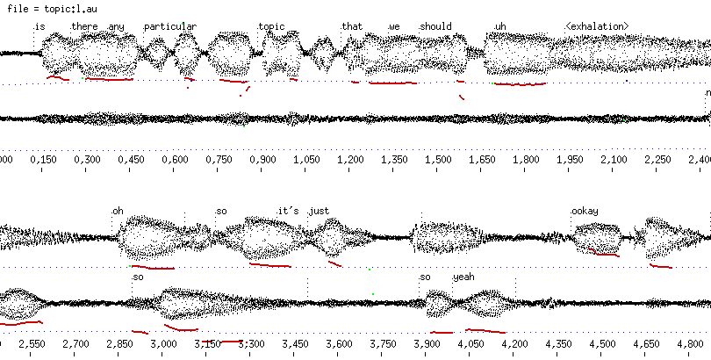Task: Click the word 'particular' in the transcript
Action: point(170,26)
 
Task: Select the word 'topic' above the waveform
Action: point(272,26)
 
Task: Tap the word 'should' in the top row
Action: point(435,26)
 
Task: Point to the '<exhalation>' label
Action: point(597,26)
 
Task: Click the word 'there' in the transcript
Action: point(85,26)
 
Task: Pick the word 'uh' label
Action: point(501,26)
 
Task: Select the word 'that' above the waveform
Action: point(352,26)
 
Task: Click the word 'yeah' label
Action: point(463,277)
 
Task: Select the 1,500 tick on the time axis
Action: point(439,160)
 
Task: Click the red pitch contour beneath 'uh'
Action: point(520,84)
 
